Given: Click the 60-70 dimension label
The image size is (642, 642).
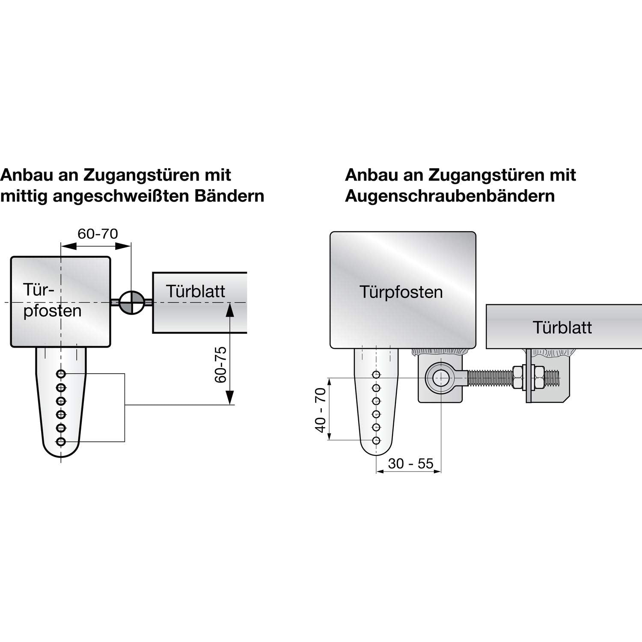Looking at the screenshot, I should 98,234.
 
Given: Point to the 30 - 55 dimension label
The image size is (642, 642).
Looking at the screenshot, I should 410,463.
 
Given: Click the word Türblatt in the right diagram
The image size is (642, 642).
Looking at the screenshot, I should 562,327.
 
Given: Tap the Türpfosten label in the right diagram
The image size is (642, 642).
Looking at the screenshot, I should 401,292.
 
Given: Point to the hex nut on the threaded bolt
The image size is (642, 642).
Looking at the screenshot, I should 518,378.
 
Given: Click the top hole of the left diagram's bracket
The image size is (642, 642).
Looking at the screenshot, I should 61,374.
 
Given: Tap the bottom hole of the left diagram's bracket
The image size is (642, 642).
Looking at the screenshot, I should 61,441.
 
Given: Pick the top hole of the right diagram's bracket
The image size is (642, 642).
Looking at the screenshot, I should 376,375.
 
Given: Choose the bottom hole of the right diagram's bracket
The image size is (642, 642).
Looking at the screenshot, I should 376,440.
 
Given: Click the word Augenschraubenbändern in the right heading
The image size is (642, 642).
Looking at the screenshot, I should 449,196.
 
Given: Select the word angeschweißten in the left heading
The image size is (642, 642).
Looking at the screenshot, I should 123,196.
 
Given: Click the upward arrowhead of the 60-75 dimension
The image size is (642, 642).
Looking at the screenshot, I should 230,310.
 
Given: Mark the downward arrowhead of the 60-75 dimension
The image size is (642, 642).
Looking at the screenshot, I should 230,398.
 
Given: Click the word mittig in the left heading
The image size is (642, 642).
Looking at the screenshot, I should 24,196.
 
